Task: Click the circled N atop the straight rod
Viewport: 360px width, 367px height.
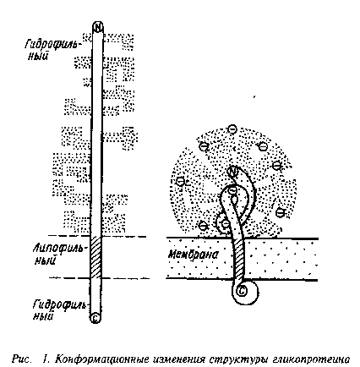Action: click(98, 27)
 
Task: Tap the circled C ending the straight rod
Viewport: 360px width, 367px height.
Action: click(95, 318)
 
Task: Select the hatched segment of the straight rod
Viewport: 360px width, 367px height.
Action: click(95, 257)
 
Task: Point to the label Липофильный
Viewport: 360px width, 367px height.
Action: click(57, 255)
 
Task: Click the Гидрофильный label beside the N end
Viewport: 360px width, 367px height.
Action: click(50, 49)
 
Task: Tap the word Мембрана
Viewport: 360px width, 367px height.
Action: click(194, 255)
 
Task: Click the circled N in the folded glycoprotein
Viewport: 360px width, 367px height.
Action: click(233, 171)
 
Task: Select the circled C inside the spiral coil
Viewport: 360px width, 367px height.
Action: click(242, 291)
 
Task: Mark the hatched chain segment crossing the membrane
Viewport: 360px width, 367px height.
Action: click(238, 260)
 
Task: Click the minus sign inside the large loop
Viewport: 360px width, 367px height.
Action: click(233, 190)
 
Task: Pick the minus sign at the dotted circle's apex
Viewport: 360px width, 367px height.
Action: click(232, 129)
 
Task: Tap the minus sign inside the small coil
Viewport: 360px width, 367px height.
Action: click(226, 224)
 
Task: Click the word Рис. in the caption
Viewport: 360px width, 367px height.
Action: click(21, 359)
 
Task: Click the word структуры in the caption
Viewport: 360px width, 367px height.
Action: click(238, 360)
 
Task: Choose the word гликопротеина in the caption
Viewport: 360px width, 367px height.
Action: click(311, 359)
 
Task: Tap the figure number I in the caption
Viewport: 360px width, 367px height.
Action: click(45, 359)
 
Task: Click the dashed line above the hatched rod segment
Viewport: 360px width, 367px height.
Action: click(97, 236)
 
